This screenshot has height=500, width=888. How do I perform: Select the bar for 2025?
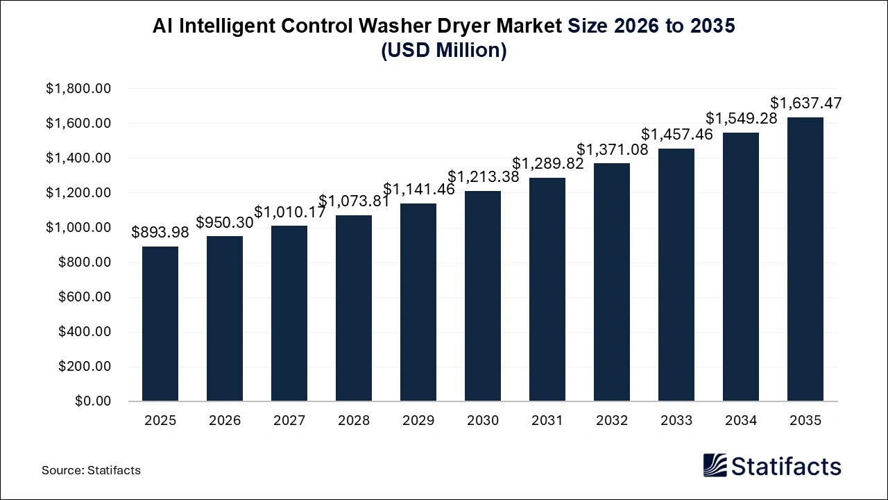(x=160, y=324)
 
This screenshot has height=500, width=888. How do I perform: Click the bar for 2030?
(x=483, y=296)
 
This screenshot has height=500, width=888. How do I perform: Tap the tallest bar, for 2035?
(x=805, y=259)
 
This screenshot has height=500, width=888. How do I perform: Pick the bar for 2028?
(x=354, y=308)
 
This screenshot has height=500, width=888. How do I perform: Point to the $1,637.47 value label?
(x=805, y=103)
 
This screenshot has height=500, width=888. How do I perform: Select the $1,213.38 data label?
(x=483, y=177)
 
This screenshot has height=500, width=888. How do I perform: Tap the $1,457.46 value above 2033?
(x=676, y=135)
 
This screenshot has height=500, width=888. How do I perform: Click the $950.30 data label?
(x=225, y=223)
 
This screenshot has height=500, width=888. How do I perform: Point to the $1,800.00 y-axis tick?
(x=78, y=89)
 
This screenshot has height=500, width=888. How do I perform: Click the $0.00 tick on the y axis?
(x=92, y=401)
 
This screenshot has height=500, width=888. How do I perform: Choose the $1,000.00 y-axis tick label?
(x=78, y=228)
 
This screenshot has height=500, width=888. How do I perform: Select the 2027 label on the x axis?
(x=289, y=421)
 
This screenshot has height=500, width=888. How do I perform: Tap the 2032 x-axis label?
(x=612, y=421)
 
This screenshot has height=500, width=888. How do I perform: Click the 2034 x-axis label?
(x=741, y=421)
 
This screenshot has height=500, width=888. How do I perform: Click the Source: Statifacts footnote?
(x=91, y=470)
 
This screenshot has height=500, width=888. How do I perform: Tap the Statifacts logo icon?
(x=715, y=466)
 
